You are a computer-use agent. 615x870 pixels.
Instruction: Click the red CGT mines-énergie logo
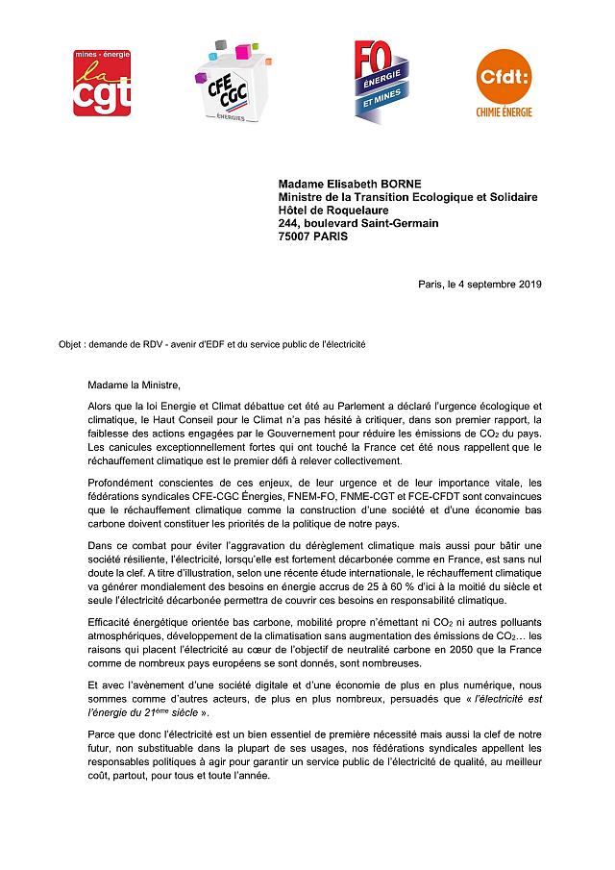[103, 83]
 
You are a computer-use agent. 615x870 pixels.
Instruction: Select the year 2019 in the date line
[529, 284]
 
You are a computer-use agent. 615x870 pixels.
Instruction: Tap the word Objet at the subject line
[71, 343]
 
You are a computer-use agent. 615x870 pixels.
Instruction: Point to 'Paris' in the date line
[432, 284]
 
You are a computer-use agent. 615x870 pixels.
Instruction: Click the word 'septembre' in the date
[490, 284]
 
